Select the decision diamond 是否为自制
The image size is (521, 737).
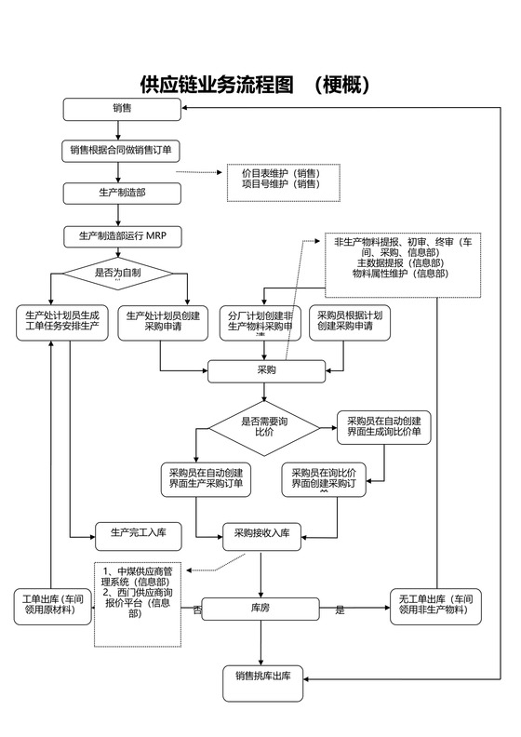pyautogui.click(x=118, y=274)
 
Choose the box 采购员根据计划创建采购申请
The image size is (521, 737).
pyautogui.click(x=351, y=322)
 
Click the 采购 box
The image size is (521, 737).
pyautogui.click(x=266, y=370)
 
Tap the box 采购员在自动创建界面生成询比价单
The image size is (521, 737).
pyautogui.click(x=383, y=427)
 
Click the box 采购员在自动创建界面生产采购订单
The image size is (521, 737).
pyautogui.click(x=207, y=478)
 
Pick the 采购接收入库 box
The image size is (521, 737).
pyautogui.click(x=261, y=533)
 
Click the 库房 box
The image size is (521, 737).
pyautogui.click(x=261, y=609)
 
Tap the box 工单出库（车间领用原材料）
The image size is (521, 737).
pyautogui.click(x=52, y=607)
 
